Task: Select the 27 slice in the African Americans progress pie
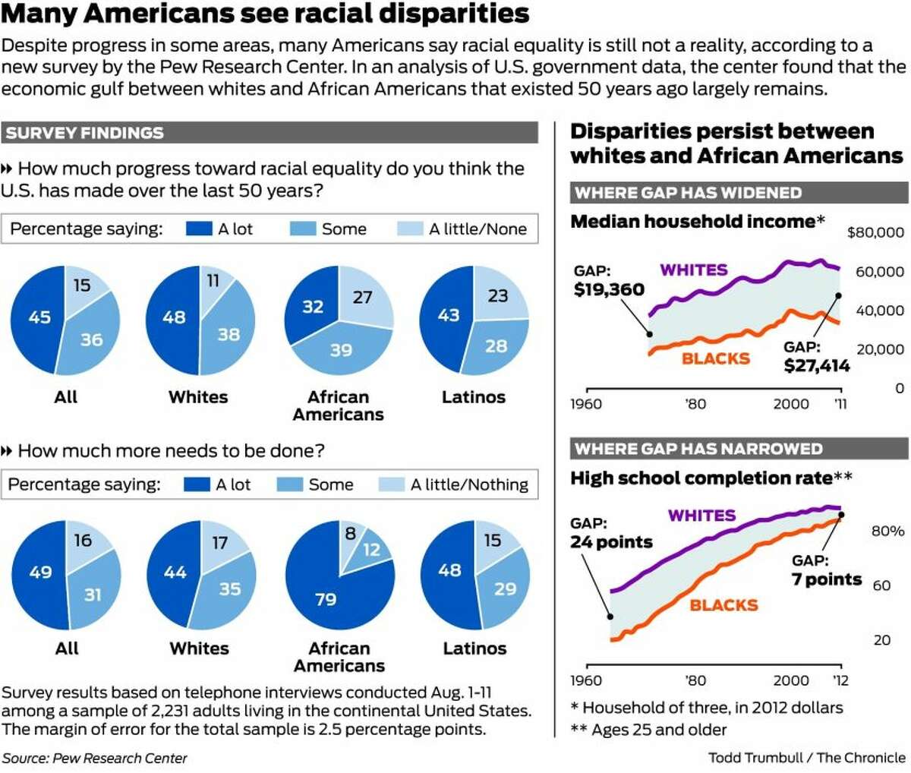point(363,297)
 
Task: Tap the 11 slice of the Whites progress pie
point(213,282)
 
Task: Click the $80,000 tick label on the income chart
point(875,232)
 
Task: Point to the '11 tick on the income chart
point(840,404)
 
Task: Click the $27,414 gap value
point(816,367)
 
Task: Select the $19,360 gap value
point(609,289)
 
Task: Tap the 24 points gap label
point(611,542)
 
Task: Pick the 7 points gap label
point(826,579)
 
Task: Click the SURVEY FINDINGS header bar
point(269,133)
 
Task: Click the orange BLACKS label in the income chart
point(715,358)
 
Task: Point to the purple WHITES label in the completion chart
point(701,516)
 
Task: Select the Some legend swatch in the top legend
point(302,229)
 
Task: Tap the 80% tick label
point(887,532)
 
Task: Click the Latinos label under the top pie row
point(473,397)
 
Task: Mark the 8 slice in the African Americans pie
point(350,534)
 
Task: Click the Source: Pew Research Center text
point(94,758)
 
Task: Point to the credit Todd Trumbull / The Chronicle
point(806,758)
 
